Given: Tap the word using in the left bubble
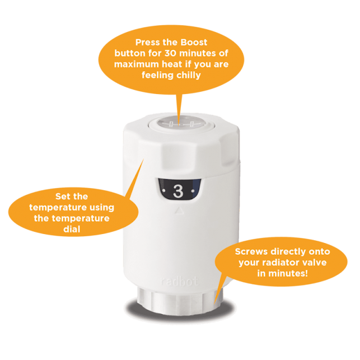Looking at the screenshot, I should [x=98, y=207].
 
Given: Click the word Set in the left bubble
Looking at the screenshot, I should [x=63, y=197].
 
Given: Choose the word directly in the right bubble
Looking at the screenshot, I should [x=293, y=251].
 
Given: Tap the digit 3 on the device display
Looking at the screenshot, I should [x=178, y=191].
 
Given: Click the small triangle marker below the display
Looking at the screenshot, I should [x=179, y=211].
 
